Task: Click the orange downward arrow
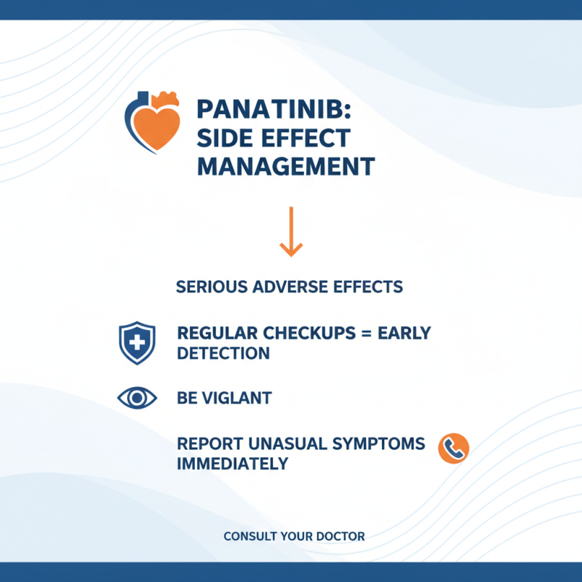[291, 231]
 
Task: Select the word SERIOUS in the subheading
[212, 287]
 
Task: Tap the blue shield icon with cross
[136, 343]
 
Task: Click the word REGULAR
[215, 333]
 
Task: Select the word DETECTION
[223, 354]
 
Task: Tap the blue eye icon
[136, 398]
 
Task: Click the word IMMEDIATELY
[233, 463]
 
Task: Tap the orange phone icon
[453, 449]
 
